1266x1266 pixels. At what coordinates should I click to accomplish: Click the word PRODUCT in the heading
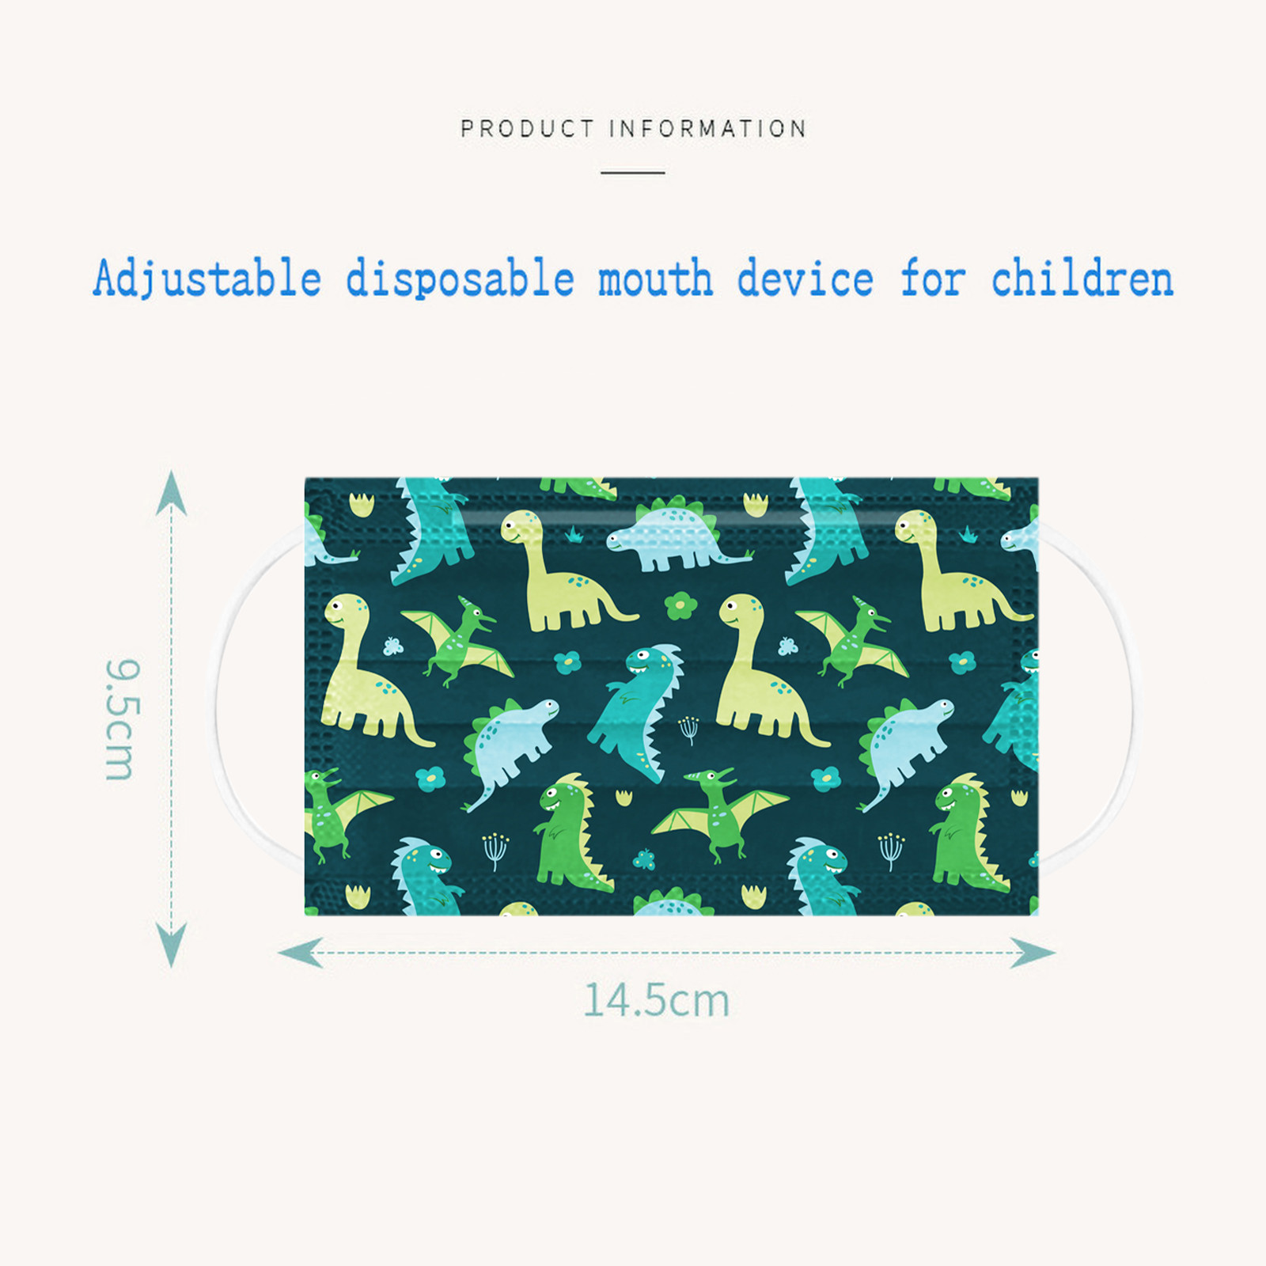pyautogui.click(x=527, y=128)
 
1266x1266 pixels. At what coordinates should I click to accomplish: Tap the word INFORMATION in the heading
pyautogui.click(x=708, y=128)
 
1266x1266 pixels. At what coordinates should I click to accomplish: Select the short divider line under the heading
pyautogui.click(x=632, y=172)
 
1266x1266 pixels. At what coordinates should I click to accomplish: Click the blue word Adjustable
pyautogui.click(x=207, y=279)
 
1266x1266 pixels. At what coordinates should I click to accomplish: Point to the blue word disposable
pyautogui.click(x=460, y=279)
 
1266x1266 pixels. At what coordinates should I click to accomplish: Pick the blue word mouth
pyautogui.click(x=655, y=279)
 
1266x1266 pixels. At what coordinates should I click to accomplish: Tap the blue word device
pyautogui.click(x=805, y=279)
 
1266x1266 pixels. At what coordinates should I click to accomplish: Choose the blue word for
pyautogui.click(x=934, y=279)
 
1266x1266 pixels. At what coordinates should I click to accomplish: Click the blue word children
pyautogui.click(x=1082, y=279)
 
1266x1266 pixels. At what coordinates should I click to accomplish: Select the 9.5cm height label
pyautogui.click(x=123, y=719)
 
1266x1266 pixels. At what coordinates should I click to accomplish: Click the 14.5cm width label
pyautogui.click(x=656, y=1000)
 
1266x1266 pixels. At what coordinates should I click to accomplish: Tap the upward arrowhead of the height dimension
pyautogui.click(x=172, y=493)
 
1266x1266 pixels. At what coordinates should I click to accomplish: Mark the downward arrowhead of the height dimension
pyautogui.click(x=172, y=945)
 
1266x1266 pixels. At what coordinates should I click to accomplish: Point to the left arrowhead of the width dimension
pyautogui.click(x=300, y=953)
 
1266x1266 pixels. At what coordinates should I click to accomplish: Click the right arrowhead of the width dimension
pyautogui.click(x=1033, y=953)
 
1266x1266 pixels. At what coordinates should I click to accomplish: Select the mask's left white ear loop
pyautogui.click(x=219, y=696)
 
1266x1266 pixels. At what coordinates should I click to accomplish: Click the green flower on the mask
pyautogui.click(x=680, y=606)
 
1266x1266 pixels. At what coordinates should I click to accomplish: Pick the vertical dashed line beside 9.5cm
pyautogui.click(x=172, y=719)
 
